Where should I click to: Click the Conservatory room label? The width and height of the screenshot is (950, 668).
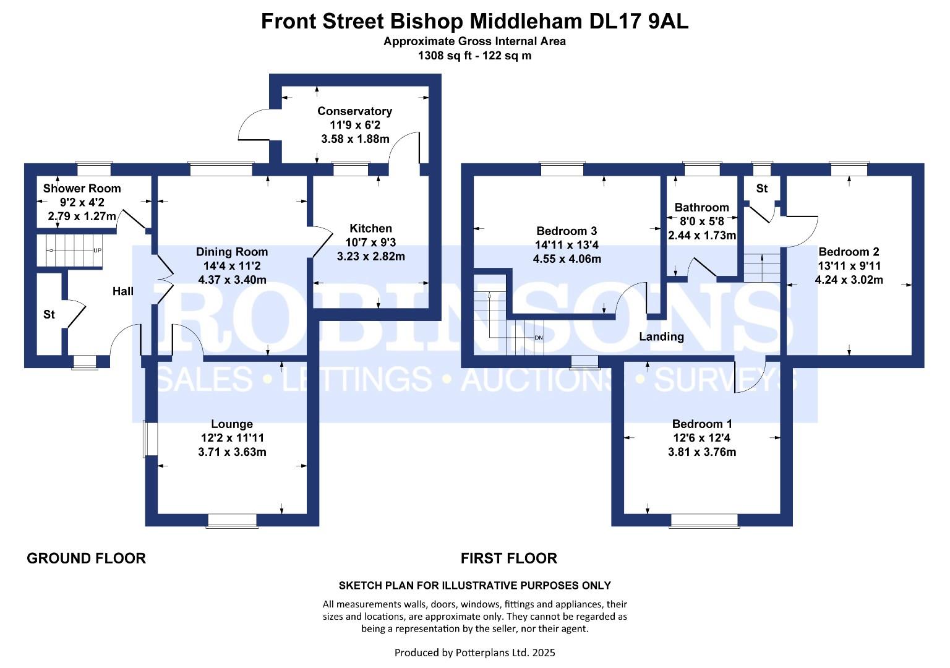[x=354, y=111]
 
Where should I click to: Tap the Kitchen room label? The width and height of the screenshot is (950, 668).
[x=370, y=228]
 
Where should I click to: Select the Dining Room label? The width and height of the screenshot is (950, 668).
[x=232, y=252]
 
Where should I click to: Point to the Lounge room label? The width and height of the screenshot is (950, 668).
[x=232, y=424]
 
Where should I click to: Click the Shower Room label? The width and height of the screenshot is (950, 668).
[x=82, y=189]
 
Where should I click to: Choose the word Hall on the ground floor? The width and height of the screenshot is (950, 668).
[x=123, y=291]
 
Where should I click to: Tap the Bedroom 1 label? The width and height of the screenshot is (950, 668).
[x=702, y=424]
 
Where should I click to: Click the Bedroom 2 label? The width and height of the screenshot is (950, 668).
[x=849, y=252]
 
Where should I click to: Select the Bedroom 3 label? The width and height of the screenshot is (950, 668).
[x=567, y=231]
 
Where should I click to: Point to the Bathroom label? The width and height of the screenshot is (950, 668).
[x=701, y=207]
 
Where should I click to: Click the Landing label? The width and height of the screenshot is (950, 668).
[x=661, y=337]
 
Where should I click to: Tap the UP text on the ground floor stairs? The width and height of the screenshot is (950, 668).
[x=97, y=250]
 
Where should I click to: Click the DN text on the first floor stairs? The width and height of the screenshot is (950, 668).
[x=538, y=338]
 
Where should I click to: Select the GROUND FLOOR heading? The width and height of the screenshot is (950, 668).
[x=86, y=559]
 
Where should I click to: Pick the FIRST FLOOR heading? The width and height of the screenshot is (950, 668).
[x=508, y=559]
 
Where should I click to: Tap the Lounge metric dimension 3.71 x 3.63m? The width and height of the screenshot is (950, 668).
[x=232, y=452]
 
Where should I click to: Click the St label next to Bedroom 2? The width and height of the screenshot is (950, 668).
[x=761, y=188]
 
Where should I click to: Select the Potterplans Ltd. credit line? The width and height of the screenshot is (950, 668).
[x=474, y=653]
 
